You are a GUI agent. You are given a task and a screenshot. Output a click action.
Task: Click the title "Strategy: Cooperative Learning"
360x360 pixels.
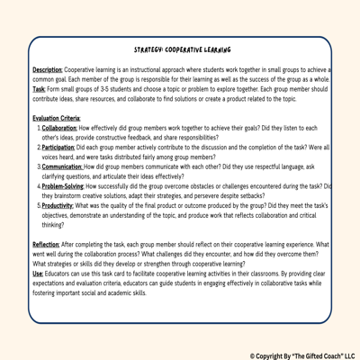(181, 51)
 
